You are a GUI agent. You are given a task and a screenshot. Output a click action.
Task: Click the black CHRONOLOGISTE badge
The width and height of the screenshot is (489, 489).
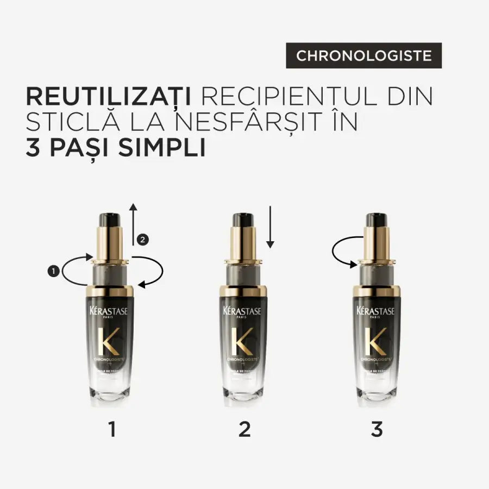[x=363, y=55]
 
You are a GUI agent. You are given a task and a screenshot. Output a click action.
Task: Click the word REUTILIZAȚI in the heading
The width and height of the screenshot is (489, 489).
[x=108, y=96]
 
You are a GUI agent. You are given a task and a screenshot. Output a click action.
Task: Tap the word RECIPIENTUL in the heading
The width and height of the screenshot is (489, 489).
[x=286, y=96]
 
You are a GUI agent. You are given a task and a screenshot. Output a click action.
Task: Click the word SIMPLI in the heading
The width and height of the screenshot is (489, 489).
[x=161, y=148]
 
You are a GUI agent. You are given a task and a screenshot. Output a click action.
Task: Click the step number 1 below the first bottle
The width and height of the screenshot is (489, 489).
[x=112, y=429]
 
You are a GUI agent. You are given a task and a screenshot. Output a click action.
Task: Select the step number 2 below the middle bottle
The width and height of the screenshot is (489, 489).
[x=244, y=429]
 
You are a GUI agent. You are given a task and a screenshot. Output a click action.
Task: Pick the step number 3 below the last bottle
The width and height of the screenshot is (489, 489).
[x=377, y=429]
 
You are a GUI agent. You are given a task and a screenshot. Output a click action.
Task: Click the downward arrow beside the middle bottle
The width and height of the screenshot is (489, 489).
[x=271, y=227]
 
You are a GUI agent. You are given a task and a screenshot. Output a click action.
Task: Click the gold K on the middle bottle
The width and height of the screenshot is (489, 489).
[x=240, y=341]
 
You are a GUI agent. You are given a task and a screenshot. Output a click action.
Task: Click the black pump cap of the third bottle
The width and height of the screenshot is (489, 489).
[x=376, y=220]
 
